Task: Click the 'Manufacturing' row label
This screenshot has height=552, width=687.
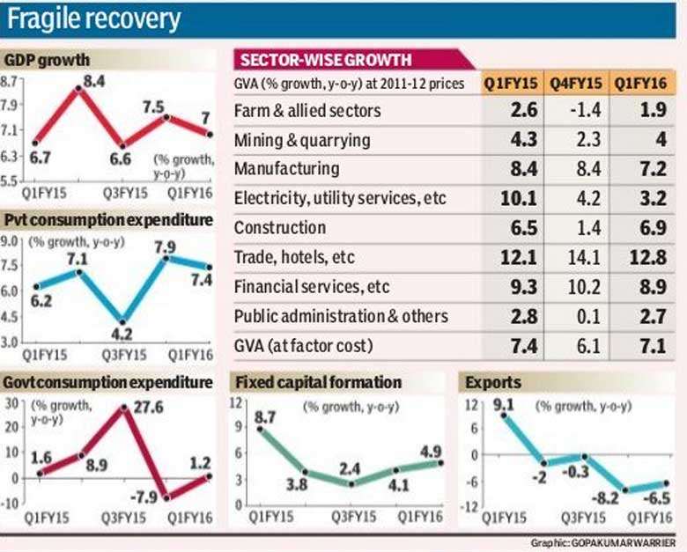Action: click(286, 169)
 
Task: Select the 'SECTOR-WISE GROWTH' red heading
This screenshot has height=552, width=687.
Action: click(324, 60)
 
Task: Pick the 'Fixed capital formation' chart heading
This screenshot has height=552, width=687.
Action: click(316, 383)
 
